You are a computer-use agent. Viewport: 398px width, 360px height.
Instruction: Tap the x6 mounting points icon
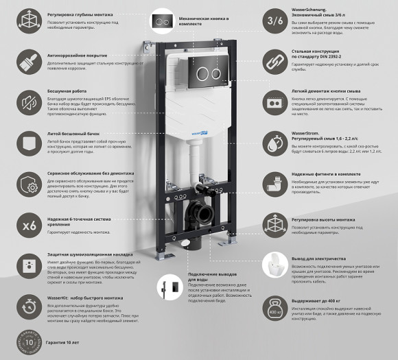coord(30,225)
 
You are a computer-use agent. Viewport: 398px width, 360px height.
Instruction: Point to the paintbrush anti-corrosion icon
coord(30,62)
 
